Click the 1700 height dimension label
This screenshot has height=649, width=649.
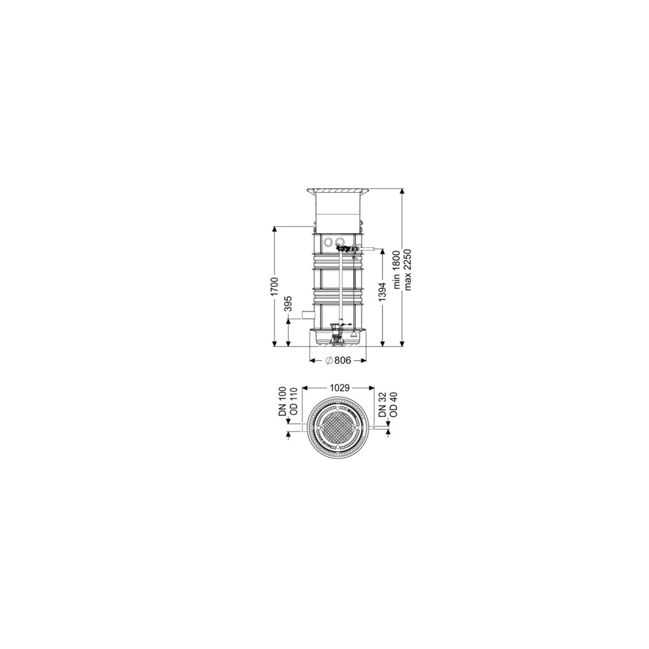(275, 287)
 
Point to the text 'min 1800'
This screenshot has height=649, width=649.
(397, 269)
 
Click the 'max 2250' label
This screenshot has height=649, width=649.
(408, 269)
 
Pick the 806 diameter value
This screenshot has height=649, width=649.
(343, 360)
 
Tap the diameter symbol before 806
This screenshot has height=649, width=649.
(328, 360)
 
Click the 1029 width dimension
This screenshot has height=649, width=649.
(340, 388)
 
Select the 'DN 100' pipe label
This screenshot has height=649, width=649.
(282, 402)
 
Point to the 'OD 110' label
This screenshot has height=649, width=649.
(293, 402)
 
